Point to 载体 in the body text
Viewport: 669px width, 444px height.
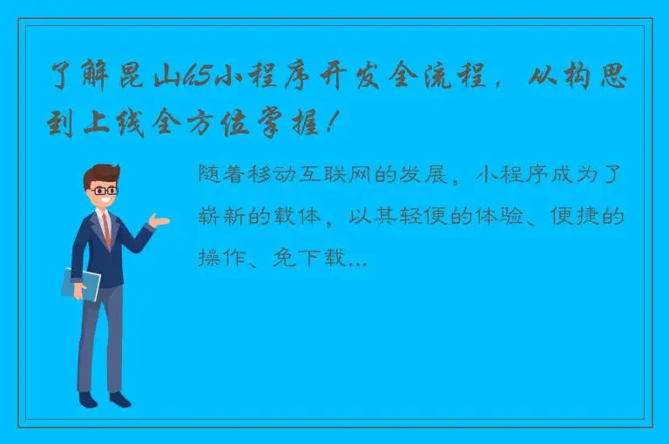coord(309,217)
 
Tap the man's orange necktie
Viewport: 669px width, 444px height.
coord(105,229)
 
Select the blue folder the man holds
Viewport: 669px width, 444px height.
coord(80,284)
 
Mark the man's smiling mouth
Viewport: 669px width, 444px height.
coord(105,202)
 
